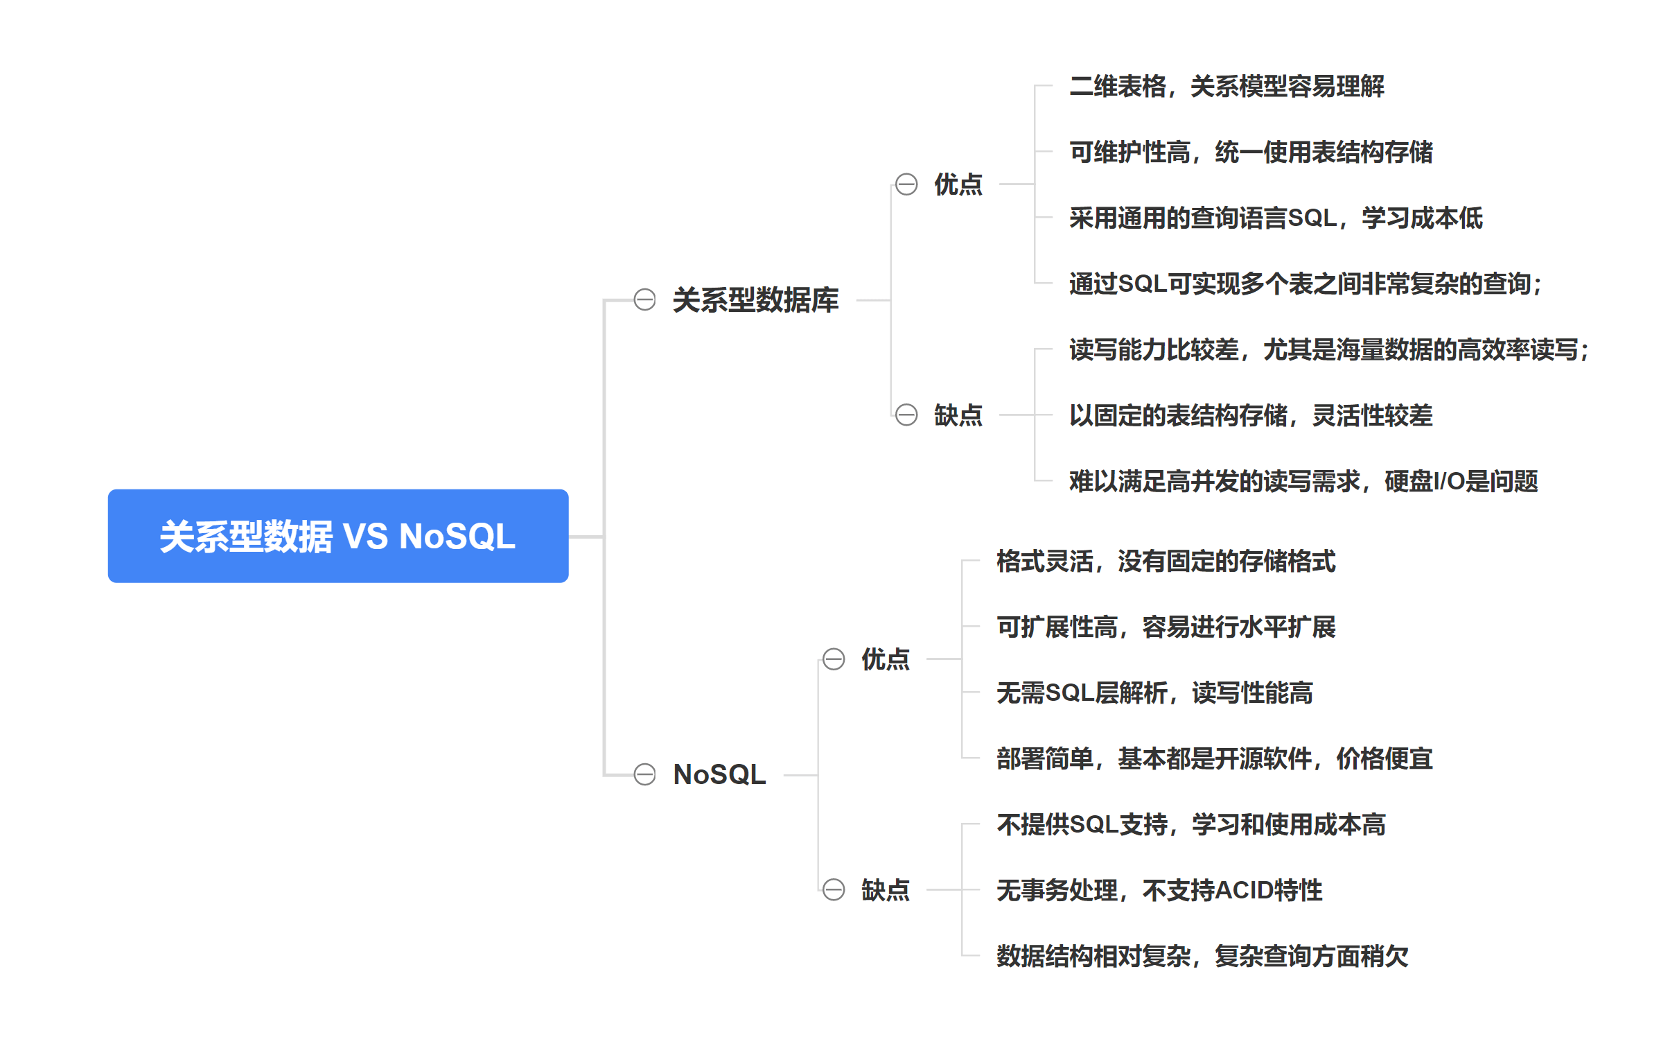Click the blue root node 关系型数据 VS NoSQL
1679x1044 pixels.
tap(337, 536)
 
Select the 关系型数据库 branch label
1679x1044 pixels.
tap(755, 300)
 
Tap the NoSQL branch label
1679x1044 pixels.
tap(719, 774)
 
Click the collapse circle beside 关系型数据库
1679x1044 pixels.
tap(644, 300)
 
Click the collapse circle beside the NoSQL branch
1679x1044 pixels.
tap(644, 774)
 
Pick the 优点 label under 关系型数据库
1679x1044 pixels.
tap(958, 184)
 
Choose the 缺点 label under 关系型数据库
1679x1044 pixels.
tap(958, 415)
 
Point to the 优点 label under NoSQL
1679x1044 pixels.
tap(885, 659)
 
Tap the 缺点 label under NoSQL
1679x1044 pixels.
tap(885, 889)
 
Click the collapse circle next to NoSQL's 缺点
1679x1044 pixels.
tap(834, 889)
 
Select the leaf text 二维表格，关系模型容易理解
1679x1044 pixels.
tap(1227, 87)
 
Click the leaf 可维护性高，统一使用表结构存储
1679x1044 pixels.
tap(1251, 152)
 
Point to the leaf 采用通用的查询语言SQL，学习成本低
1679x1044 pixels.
tap(1275, 218)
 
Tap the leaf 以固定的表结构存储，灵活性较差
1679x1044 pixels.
tap(1251, 415)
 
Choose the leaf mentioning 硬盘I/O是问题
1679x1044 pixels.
tap(1303, 481)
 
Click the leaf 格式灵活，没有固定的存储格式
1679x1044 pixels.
tap(1166, 561)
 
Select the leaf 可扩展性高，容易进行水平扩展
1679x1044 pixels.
tap(1166, 627)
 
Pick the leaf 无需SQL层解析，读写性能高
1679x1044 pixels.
tap(1154, 693)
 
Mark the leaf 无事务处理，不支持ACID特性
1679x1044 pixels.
tap(1159, 890)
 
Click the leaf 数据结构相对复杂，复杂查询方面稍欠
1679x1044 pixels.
tap(1202, 956)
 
